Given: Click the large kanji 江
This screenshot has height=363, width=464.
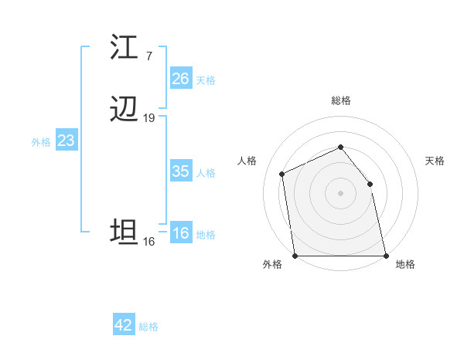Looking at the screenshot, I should pos(124,47).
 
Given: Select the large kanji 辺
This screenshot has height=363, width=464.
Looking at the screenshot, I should pos(124,110).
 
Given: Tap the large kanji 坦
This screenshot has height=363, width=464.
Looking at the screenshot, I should pos(124,232).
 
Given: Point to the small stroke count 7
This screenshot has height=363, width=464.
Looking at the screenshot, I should pos(148,56).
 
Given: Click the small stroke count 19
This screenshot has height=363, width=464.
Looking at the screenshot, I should pos(149,118).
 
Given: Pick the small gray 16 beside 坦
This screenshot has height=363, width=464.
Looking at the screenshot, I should pos(148,242).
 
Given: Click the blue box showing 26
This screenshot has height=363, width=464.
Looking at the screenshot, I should pos(180,79).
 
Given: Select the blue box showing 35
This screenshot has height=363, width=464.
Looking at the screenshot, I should pos(180,171).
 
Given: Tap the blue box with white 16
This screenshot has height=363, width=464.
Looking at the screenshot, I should pos(181,233).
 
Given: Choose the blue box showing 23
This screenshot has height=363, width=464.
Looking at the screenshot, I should pos(66,141).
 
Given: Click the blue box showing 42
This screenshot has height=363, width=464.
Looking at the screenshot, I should pos(124,325).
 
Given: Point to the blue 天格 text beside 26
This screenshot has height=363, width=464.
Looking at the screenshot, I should pos(206,80).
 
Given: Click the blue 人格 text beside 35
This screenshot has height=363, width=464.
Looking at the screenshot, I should pos(206,173).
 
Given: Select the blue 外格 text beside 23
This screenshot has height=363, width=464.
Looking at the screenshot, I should pos(41,142).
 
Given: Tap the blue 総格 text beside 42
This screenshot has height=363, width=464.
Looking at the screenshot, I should pos(148,327).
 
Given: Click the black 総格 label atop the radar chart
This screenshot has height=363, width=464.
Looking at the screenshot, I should pos(341,100).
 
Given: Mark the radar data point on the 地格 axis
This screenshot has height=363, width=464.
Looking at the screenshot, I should pos(385,256).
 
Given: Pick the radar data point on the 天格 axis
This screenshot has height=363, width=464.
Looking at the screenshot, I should pos(370,184).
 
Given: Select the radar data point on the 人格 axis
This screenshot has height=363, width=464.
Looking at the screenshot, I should pos(282,174).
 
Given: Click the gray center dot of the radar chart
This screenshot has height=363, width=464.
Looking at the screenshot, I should pos(340,193).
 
